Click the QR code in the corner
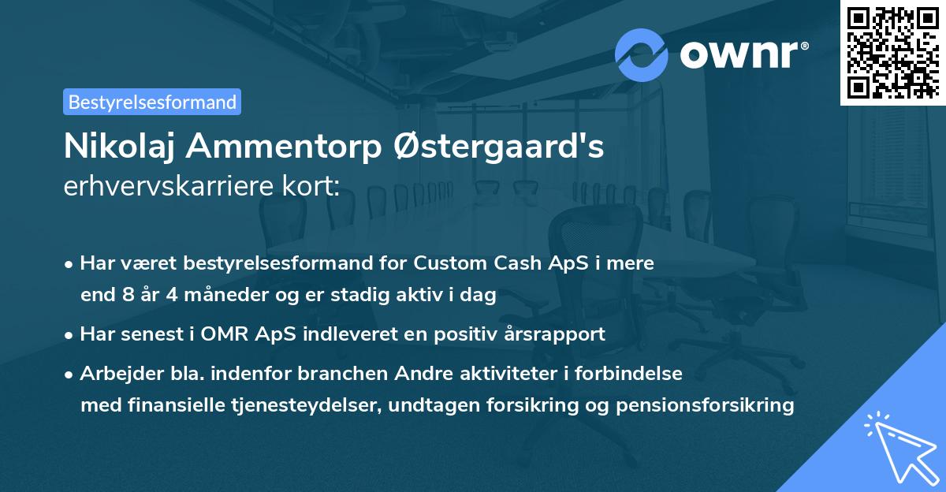pos(892,53)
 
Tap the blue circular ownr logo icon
pos(642,54)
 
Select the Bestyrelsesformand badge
pos(152,102)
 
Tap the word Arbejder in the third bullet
pos(114,373)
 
